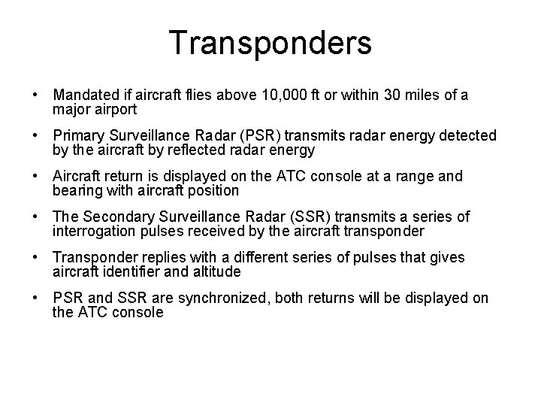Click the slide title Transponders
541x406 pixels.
(x=270, y=43)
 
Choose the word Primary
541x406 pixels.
(x=80, y=136)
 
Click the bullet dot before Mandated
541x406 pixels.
(x=35, y=96)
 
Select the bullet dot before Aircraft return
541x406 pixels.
(x=35, y=177)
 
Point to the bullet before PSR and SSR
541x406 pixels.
(x=35, y=299)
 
